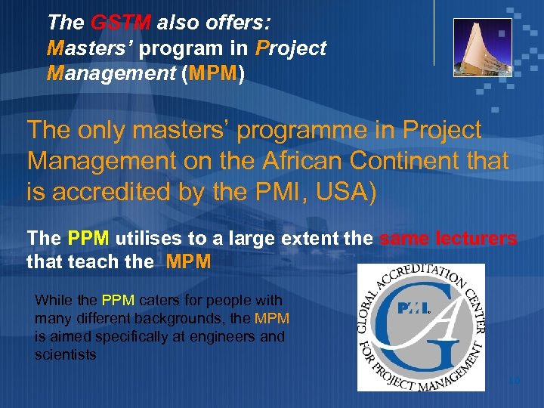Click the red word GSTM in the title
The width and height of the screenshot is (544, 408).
coord(124,23)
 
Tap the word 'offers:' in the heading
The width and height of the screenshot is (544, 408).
coord(243,23)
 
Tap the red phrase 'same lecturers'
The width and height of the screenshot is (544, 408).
coord(449,239)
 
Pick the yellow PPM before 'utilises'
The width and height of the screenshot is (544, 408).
coord(88,239)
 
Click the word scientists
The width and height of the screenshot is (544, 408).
coord(65,354)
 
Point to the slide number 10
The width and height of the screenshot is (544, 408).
coord(514,380)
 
